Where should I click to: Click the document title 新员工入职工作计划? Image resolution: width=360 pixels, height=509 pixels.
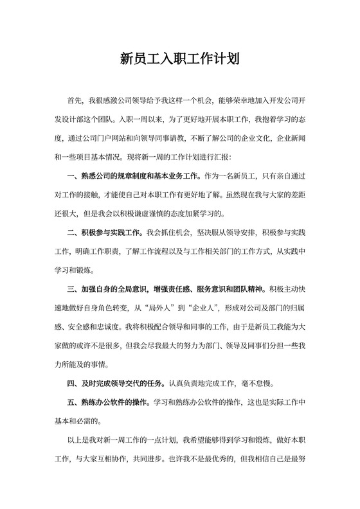180,60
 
